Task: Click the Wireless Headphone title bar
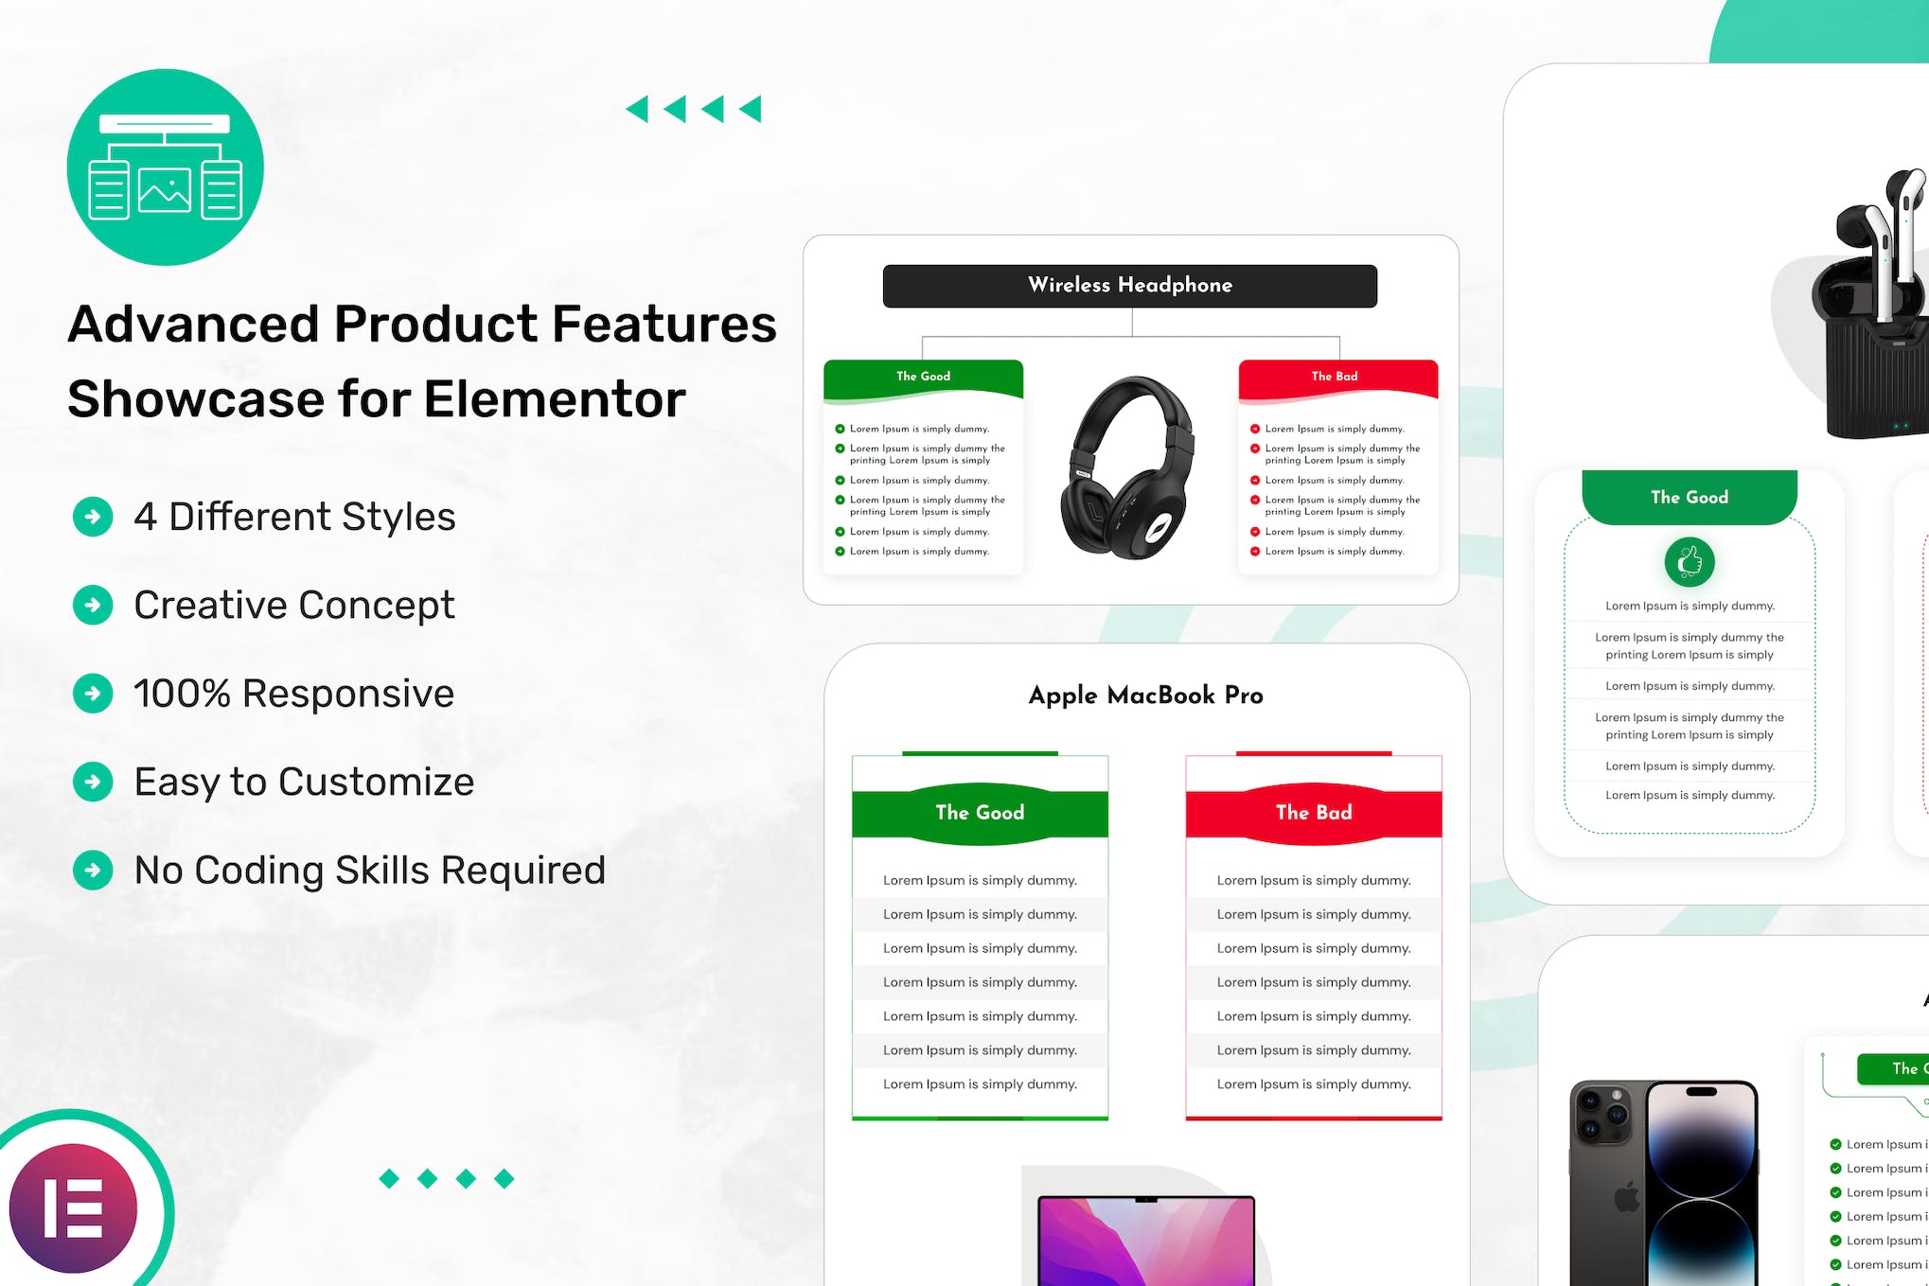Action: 1129,286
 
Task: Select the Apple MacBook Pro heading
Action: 1145,696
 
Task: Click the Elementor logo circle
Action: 74,1207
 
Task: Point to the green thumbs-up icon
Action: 1689,562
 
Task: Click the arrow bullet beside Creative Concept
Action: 93,605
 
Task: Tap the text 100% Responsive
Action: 293,694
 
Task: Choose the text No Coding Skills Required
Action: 369,871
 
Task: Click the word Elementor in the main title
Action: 555,398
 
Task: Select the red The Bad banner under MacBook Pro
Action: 1313,813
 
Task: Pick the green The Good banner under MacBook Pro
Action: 980,813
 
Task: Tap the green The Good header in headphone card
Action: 923,377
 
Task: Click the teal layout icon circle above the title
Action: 165,167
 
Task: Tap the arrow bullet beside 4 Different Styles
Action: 93,517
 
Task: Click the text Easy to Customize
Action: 304,783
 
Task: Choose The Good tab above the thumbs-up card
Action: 1689,498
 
